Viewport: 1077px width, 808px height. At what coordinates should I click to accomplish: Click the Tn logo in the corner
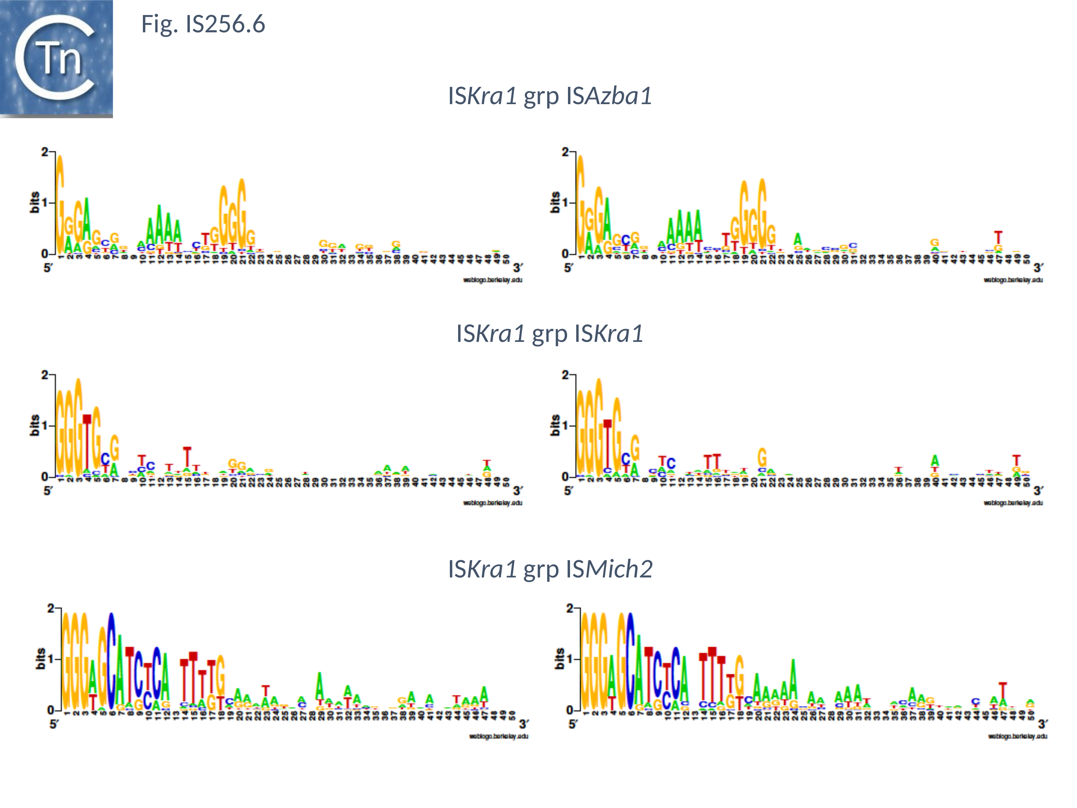(x=56, y=59)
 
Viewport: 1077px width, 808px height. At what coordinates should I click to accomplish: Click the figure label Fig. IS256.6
(x=203, y=24)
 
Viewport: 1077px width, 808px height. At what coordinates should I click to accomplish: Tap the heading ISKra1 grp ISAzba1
(x=550, y=96)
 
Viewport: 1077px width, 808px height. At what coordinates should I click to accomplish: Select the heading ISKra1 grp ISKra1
(x=550, y=334)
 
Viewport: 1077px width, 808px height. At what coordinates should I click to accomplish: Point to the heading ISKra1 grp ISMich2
(x=550, y=569)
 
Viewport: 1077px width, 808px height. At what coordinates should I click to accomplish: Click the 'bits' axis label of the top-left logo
(x=34, y=202)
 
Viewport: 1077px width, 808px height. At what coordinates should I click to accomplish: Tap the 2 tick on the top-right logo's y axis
(x=565, y=153)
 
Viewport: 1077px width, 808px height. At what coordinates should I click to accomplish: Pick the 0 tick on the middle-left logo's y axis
(x=45, y=476)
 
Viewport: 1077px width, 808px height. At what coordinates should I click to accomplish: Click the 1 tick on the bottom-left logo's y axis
(x=51, y=659)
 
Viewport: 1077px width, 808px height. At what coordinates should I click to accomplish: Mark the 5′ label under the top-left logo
(x=48, y=268)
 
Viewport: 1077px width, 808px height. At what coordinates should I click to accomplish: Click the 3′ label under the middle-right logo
(x=1038, y=491)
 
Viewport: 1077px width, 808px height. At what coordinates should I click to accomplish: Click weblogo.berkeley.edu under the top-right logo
(x=1013, y=280)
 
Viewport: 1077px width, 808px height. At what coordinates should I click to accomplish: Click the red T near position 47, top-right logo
(x=998, y=238)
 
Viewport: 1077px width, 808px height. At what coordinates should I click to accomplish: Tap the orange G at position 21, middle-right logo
(x=762, y=458)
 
